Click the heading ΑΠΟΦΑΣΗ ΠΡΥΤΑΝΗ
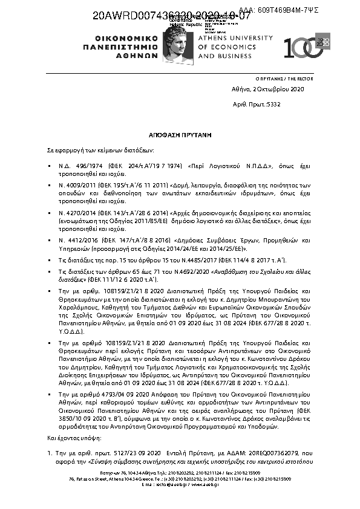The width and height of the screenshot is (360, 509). point(180,137)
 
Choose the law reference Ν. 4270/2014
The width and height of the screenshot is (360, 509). point(77,214)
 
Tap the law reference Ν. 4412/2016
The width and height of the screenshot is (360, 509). point(77,239)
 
